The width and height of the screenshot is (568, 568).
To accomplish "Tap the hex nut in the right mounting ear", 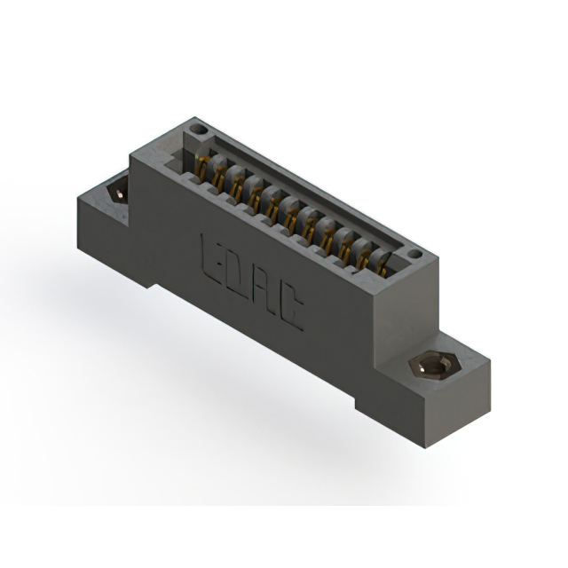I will [x=429, y=366].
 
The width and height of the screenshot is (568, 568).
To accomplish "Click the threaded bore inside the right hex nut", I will [x=429, y=366].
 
